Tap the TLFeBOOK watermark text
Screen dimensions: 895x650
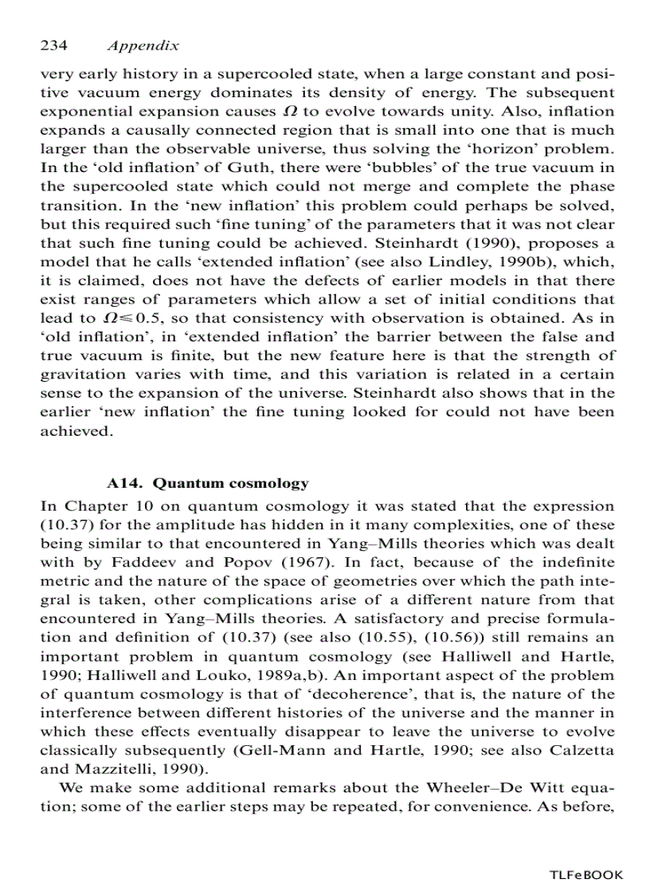(x=586, y=875)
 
